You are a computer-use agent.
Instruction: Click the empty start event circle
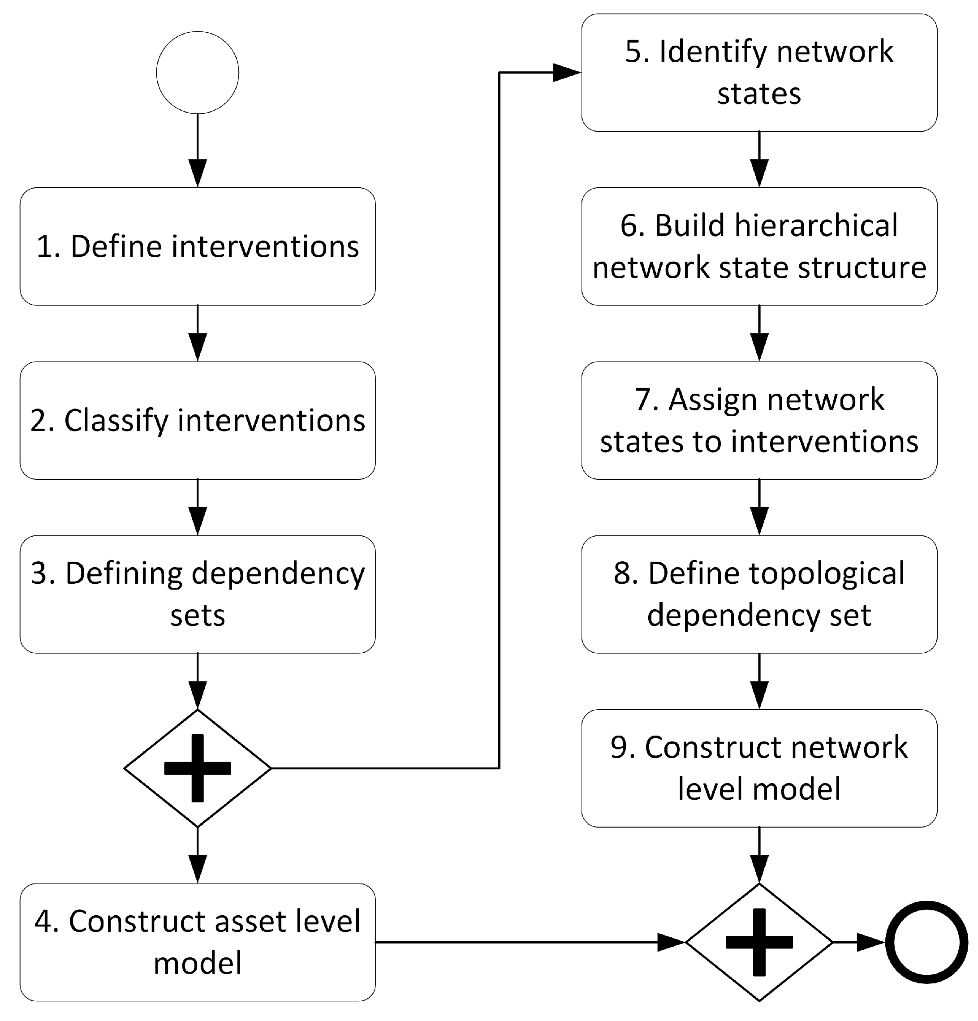tap(198, 73)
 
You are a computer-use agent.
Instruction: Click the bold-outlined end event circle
tap(926, 942)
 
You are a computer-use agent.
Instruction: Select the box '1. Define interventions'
tap(198, 246)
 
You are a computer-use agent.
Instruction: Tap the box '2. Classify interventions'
tap(198, 420)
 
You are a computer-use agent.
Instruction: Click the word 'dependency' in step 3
tap(278, 573)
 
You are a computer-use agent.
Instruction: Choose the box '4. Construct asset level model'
tap(198, 942)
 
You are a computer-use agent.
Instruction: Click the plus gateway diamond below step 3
tap(198, 768)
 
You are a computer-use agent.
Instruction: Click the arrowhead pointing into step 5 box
tap(566, 73)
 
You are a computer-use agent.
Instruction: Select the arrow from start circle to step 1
tap(198, 151)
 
